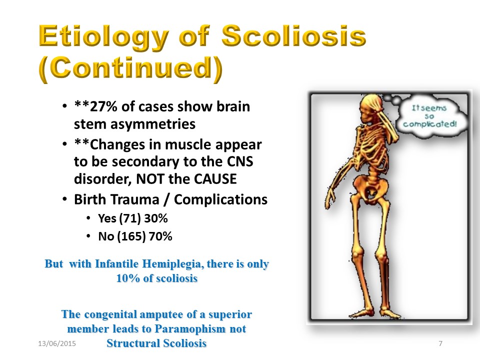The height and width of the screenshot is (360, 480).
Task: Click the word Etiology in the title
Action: (104, 36)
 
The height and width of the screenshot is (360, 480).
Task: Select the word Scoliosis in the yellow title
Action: (293, 35)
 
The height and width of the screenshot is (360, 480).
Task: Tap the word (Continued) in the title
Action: (130, 69)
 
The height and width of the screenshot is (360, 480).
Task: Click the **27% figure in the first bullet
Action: (96, 106)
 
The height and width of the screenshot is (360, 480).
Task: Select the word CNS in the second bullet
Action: (240, 161)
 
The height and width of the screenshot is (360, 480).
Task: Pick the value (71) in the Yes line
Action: (130, 218)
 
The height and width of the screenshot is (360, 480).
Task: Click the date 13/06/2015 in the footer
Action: (57, 343)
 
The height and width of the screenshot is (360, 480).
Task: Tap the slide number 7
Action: (440, 343)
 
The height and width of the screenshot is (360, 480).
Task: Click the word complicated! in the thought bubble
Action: (430, 124)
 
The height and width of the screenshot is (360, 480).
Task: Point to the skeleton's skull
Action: (370, 108)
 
